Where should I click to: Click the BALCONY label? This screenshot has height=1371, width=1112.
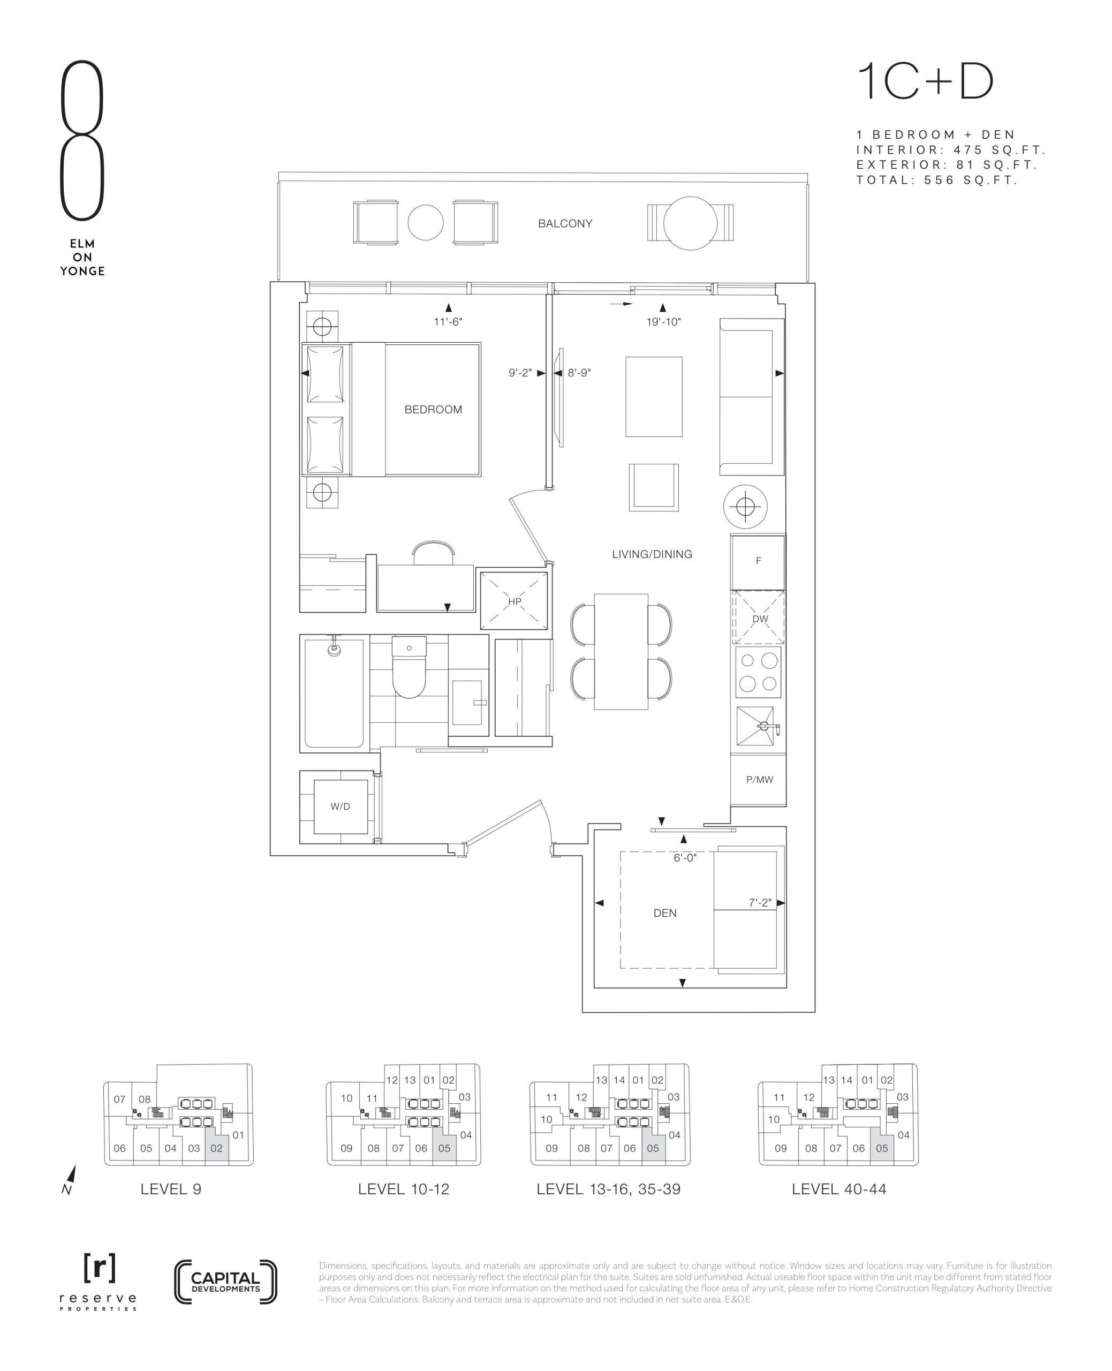pyautogui.click(x=564, y=223)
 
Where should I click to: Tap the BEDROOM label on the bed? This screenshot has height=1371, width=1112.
pyautogui.click(x=433, y=409)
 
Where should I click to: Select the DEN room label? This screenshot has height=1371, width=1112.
pyautogui.click(x=665, y=913)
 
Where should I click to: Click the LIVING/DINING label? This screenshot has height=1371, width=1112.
pyautogui.click(x=652, y=554)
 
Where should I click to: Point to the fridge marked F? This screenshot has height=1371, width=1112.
pyautogui.click(x=758, y=562)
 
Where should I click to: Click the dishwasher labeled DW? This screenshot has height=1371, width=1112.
pyautogui.click(x=759, y=617)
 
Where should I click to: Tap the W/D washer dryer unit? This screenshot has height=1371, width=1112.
pyautogui.click(x=340, y=806)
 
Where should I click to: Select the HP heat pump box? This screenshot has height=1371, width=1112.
pyautogui.click(x=515, y=601)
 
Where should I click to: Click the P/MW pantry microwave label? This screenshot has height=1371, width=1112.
pyautogui.click(x=759, y=780)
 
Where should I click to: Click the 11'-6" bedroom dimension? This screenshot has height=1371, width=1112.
pyautogui.click(x=448, y=322)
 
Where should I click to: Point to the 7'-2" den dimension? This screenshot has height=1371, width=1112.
pyautogui.click(x=760, y=903)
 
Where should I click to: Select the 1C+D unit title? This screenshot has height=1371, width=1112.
pyautogui.click(x=925, y=82)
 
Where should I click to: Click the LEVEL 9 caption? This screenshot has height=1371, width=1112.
pyautogui.click(x=171, y=1189)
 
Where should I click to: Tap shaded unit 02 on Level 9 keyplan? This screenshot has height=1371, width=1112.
pyautogui.click(x=216, y=1148)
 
